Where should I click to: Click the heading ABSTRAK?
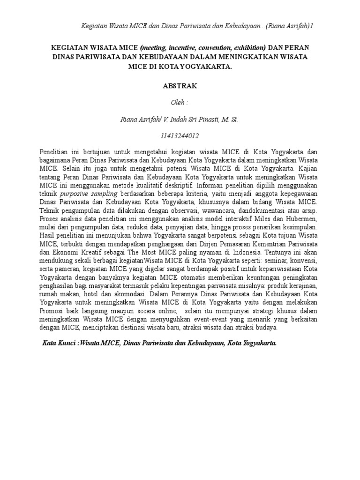(x=180, y=86)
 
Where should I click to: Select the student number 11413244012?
(x=180, y=136)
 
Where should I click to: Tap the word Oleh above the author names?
(x=178, y=103)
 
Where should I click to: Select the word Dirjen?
(x=210, y=244)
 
